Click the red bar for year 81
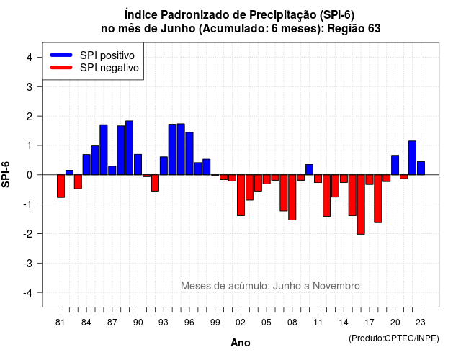[x=61, y=186]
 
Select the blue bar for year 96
[x=189, y=153]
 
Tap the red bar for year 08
[x=292, y=197]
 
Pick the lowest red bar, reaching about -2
[x=361, y=204]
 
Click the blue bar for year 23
[x=421, y=168]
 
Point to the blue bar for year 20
[x=395, y=165]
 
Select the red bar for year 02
[x=241, y=195]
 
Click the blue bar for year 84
[x=86, y=165]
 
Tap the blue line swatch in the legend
[x=61, y=55]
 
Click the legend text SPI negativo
[x=109, y=68]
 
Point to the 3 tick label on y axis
[x=30, y=87]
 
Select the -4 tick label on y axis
[x=28, y=293]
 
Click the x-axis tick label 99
[x=215, y=323]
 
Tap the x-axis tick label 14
[x=344, y=323]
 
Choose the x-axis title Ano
[x=241, y=343]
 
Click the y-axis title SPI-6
[x=6, y=174]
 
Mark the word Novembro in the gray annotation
[x=336, y=286]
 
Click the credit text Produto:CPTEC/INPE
[x=394, y=338]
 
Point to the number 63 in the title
[x=374, y=29]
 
